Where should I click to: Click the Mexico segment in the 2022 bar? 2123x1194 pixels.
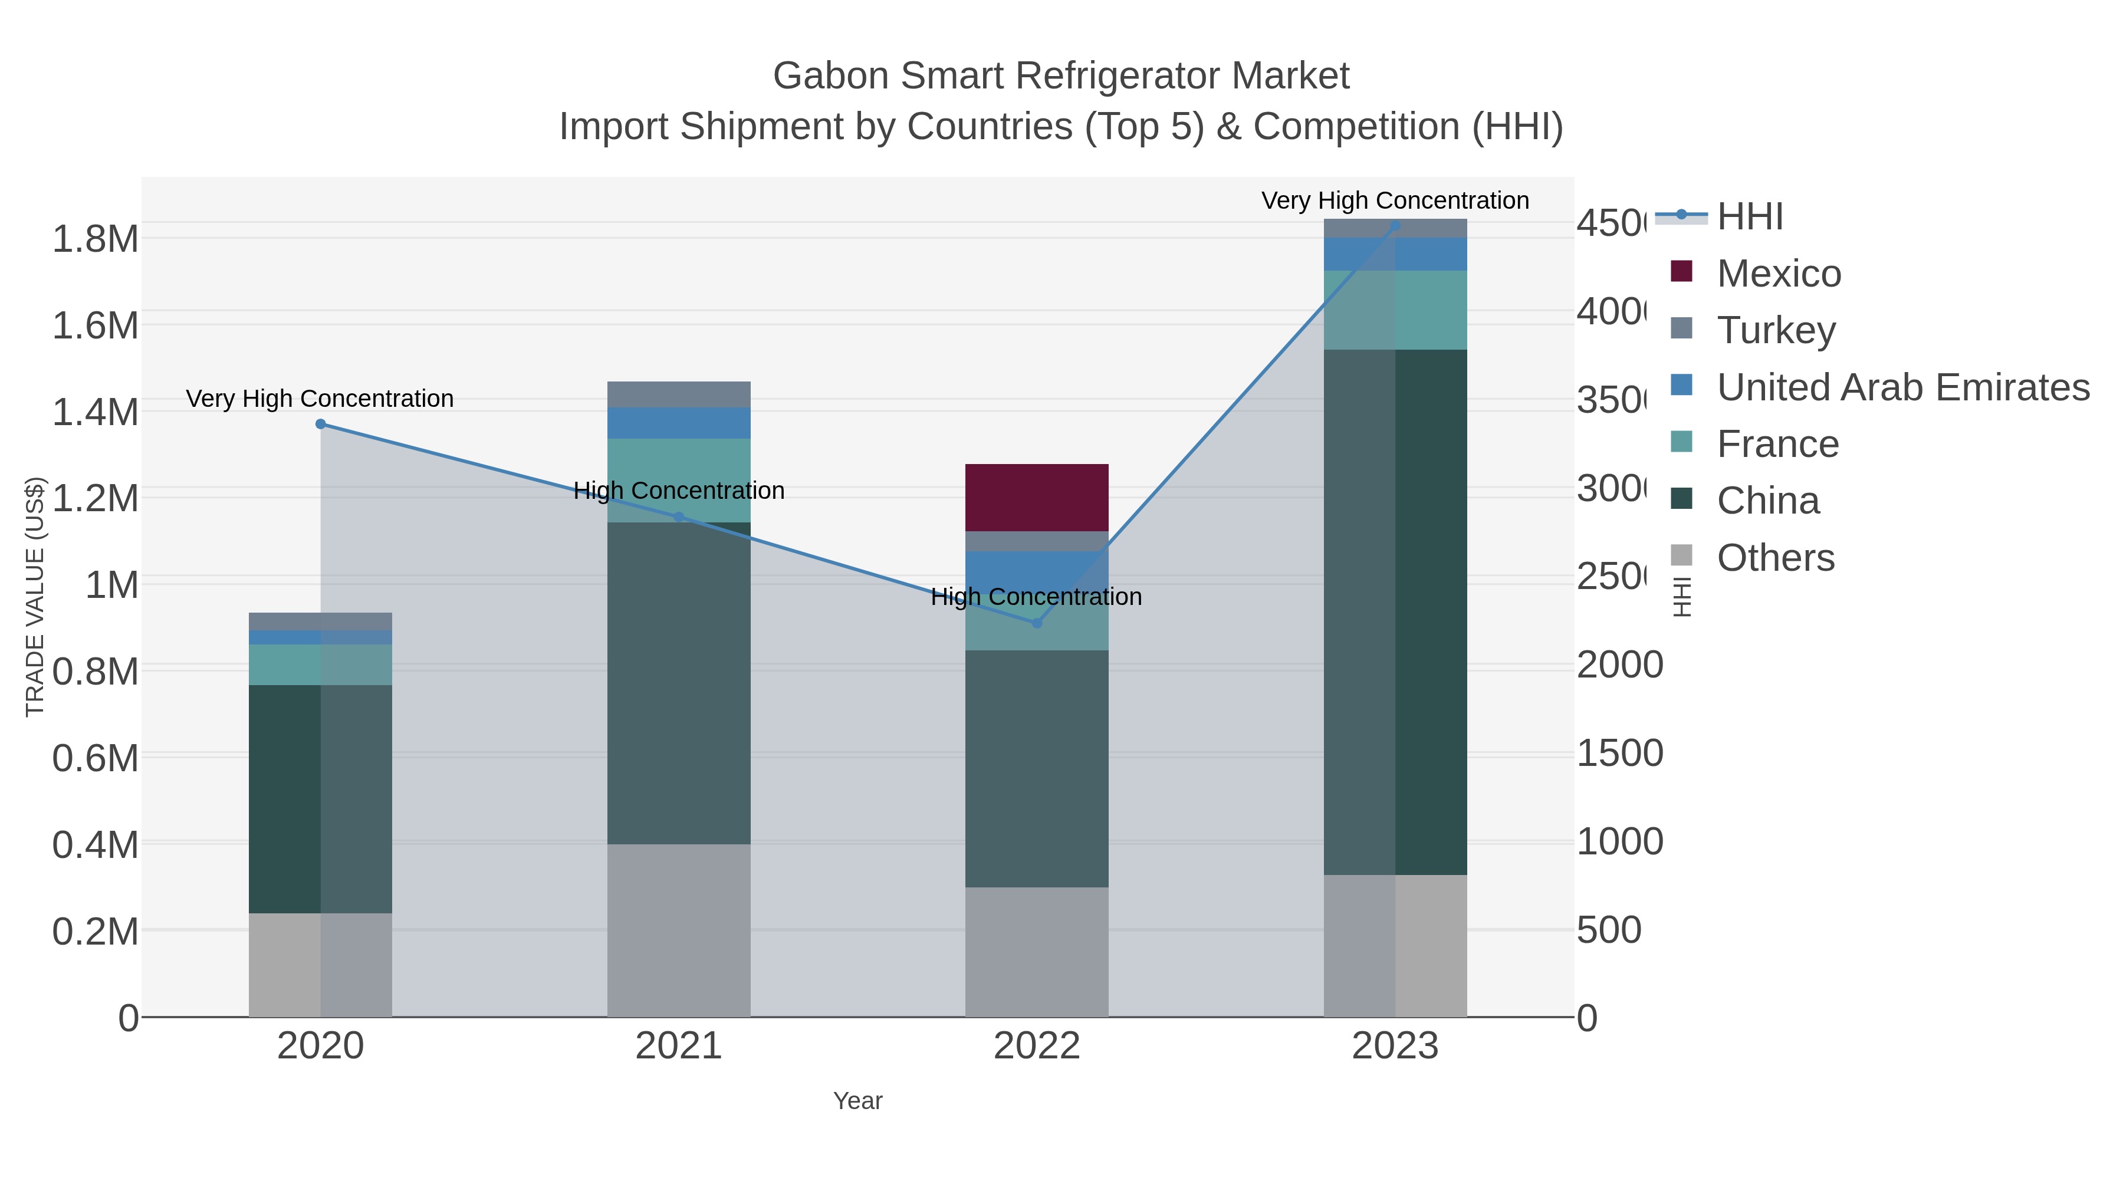(x=1036, y=498)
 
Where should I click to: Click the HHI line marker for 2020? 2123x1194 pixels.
(x=321, y=425)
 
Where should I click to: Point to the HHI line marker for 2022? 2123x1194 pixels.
(x=1037, y=623)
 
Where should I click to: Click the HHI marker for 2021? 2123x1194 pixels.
(x=679, y=518)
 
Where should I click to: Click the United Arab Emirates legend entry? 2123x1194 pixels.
(x=1902, y=387)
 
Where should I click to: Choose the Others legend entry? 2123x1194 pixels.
(x=1774, y=558)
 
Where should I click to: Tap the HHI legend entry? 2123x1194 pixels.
(x=1749, y=217)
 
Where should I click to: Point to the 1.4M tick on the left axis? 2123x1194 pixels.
(x=95, y=412)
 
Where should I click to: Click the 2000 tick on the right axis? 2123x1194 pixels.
(x=1619, y=665)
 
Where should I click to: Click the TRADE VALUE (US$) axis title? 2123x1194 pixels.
(x=35, y=597)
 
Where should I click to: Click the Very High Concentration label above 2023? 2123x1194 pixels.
(x=1395, y=200)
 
